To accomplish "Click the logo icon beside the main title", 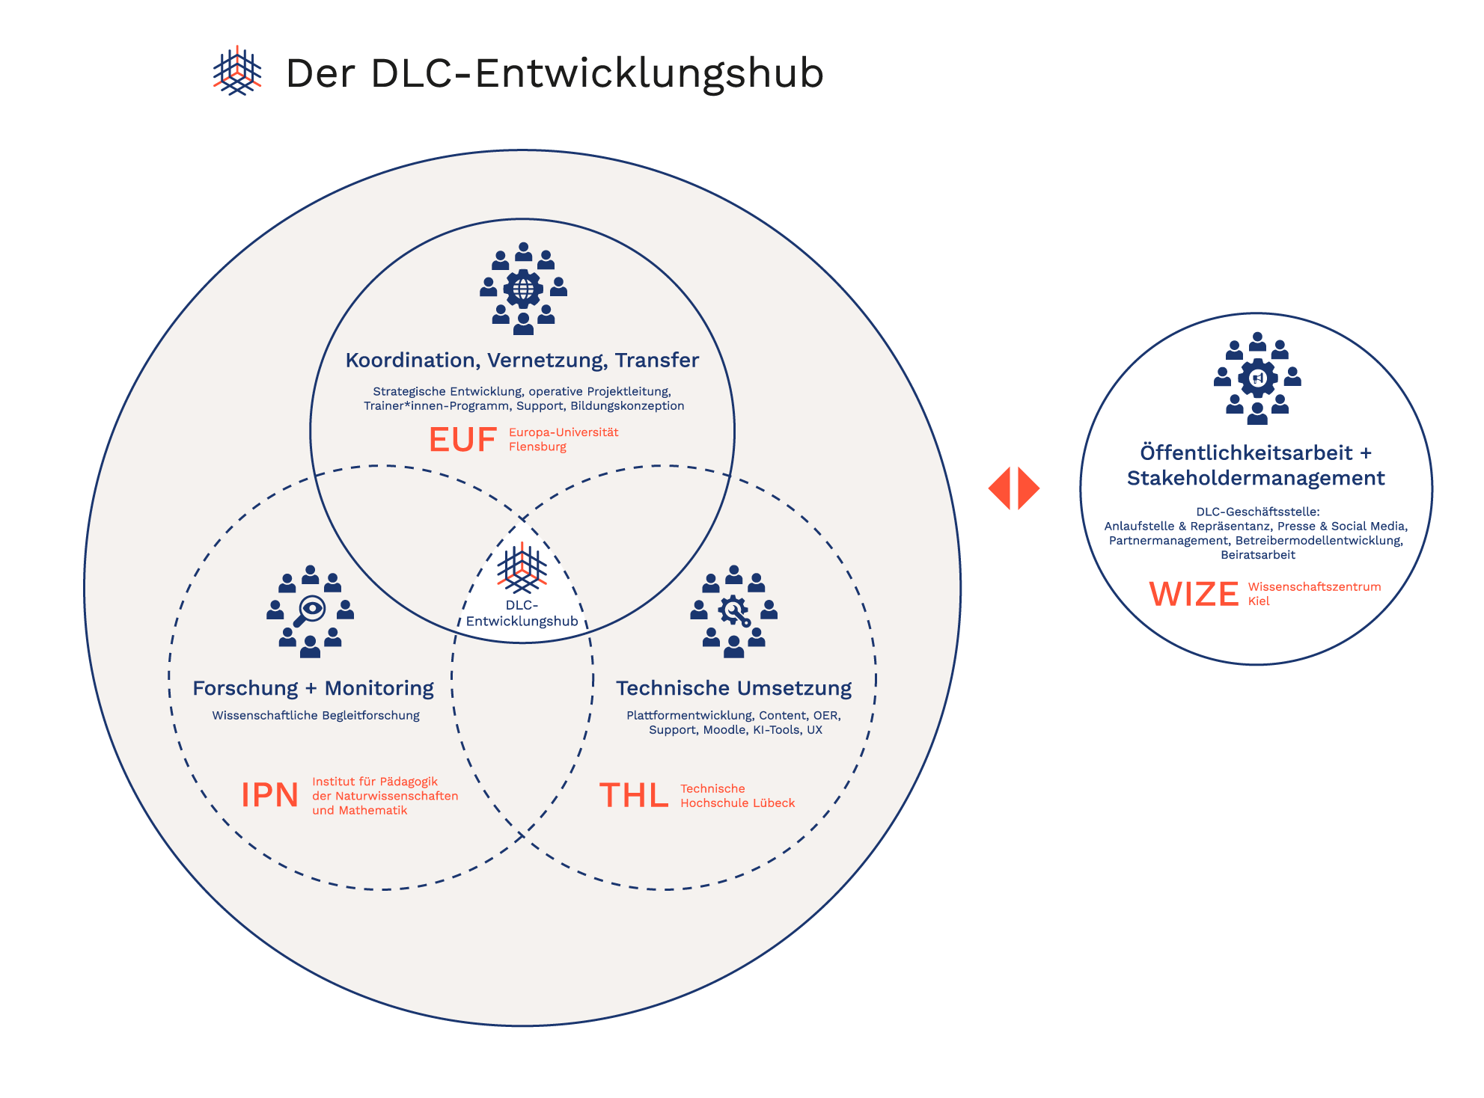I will click(x=237, y=71).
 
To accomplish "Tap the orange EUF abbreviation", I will click(x=462, y=440).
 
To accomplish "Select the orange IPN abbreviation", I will click(x=270, y=795).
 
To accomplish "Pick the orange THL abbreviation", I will click(x=634, y=796).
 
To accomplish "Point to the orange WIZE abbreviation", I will click(x=1194, y=594).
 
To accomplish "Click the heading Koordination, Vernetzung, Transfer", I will click(x=522, y=361).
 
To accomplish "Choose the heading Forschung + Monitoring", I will click(x=313, y=688).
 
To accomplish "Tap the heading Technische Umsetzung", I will click(x=733, y=688).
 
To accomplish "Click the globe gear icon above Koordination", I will click(x=523, y=289).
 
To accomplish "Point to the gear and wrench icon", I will click(x=733, y=612).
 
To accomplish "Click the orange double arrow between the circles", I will click(x=1014, y=488).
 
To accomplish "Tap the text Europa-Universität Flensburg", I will click(x=564, y=439).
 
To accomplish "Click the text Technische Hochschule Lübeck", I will click(x=737, y=796).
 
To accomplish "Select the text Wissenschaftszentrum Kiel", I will click(x=1314, y=593).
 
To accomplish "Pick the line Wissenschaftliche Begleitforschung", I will click(x=316, y=716).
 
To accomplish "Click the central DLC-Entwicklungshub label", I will click(x=522, y=613).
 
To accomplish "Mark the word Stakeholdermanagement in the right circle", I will click(x=1256, y=479).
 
